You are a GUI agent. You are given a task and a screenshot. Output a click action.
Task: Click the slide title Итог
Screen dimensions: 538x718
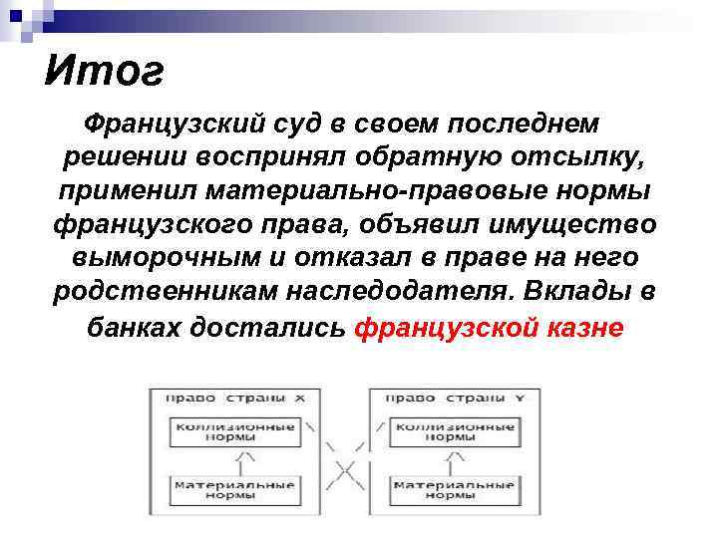103,72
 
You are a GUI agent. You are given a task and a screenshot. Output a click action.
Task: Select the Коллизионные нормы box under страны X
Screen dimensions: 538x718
235,431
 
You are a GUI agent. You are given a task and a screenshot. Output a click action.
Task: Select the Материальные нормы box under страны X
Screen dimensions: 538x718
235,490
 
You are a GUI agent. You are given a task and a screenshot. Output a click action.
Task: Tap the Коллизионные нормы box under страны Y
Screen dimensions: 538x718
455,431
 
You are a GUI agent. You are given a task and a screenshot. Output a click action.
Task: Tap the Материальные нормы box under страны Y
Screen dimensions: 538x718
455,490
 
